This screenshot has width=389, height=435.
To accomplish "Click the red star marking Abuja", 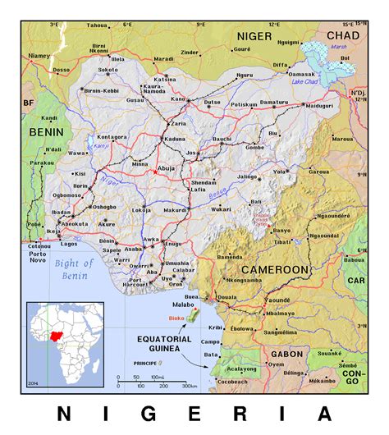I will click(153, 172).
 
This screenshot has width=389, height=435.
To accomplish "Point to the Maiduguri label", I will click(320, 106).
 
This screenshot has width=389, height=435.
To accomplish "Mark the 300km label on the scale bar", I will click(189, 386).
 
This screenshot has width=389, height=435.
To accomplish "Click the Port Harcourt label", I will click(134, 283).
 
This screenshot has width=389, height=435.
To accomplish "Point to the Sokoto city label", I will click(109, 70).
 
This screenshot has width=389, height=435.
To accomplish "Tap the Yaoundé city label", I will click(279, 301).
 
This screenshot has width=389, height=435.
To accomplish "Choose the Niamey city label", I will click(39, 56).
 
